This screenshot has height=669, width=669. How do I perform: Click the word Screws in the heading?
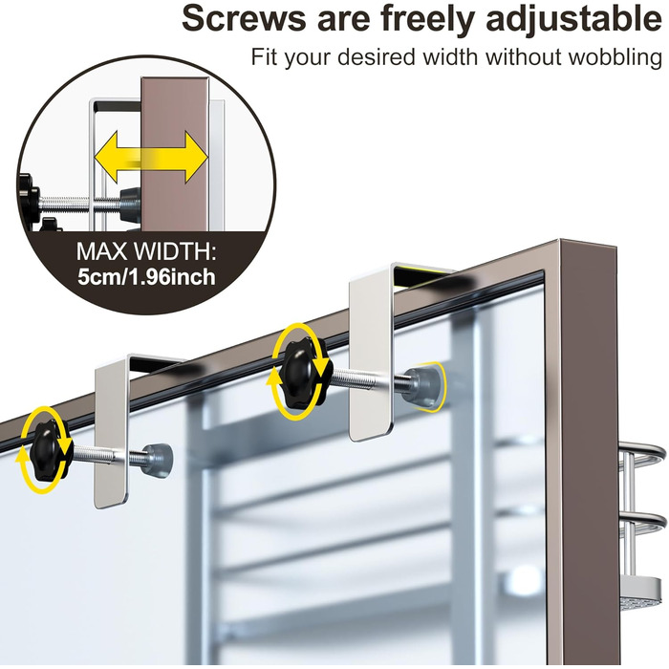(244, 18)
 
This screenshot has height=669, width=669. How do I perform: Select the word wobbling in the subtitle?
(615, 57)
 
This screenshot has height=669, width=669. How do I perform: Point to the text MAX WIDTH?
(146, 251)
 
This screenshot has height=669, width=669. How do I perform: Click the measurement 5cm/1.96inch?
(146, 277)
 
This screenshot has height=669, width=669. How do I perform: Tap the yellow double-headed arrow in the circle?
(151, 158)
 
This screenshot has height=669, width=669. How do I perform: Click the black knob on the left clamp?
(48, 450)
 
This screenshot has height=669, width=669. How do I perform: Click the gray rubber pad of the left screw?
(159, 461)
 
